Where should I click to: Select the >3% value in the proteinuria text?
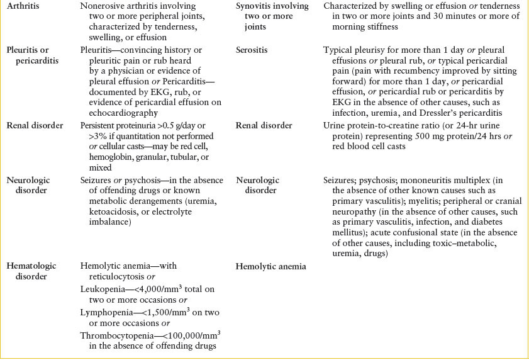pyautogui.click(x=91, y=136)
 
